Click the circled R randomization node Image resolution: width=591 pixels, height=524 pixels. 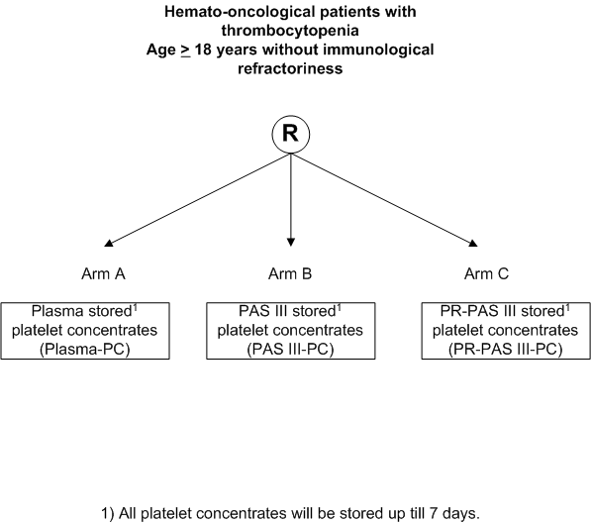tap(291, 135)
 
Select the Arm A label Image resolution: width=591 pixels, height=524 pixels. tap(103, 273)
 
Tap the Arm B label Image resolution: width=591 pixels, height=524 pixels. tap(290, 273)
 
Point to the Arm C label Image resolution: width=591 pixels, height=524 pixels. tap(486, 273)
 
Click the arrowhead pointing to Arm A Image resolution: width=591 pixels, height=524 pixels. tap(109, 243)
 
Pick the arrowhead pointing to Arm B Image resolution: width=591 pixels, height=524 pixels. tap(291, 242)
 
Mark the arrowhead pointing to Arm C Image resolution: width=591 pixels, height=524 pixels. tap(473, 243)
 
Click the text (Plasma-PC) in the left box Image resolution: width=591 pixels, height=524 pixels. tap(85, 350)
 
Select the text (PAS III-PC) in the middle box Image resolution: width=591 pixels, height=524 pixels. tap(291, 350)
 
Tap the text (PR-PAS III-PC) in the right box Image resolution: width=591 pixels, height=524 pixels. tap(506, 350)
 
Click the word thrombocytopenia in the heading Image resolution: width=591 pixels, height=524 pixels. tap(290, 31)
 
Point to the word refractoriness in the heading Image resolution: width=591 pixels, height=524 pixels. tap(290, 68)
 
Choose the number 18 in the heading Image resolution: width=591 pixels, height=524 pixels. tap(203, 50)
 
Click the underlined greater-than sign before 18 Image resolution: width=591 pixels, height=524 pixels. tap(185, 51)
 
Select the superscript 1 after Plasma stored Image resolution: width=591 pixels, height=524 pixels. tap(135, 307)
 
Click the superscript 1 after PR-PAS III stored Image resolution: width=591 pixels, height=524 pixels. tap(567, 307)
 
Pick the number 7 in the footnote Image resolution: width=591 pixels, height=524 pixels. tap(433, 513)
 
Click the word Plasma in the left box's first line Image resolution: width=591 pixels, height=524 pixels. tap(57, 312)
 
